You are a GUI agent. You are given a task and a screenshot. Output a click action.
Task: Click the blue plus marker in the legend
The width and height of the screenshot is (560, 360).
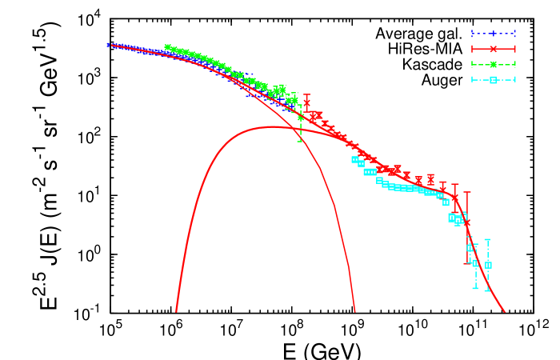[494, 34]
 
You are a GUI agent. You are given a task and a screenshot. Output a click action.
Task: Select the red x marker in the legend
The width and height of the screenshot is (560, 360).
[494, 49]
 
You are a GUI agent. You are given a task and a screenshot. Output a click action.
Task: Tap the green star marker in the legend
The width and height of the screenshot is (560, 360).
[494, 64]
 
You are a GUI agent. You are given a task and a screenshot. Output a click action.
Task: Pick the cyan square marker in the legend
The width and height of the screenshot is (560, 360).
[494, 79]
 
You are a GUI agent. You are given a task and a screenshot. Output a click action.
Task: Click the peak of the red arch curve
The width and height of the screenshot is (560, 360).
[270, 126]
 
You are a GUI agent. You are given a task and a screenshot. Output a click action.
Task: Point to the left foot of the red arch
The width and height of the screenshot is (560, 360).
[176, 310]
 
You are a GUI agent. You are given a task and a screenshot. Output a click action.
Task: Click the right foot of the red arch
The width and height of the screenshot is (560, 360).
[354, 310]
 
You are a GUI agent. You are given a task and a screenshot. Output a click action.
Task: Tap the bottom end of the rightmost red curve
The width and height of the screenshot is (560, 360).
[505, 311]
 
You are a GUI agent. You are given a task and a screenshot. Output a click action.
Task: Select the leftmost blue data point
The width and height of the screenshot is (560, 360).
[109, 45]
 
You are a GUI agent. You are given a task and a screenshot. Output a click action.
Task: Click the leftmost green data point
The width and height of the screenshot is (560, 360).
[166, 47]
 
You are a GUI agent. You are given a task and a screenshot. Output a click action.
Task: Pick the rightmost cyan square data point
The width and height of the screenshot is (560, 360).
[488, 265]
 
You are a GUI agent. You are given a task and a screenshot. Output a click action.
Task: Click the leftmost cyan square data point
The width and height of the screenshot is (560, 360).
[354, 159]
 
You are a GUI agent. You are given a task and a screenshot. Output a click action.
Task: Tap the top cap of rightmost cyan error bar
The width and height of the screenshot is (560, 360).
[487, 239]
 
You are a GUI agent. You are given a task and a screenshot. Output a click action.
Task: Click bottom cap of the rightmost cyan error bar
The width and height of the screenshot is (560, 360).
[487, 290]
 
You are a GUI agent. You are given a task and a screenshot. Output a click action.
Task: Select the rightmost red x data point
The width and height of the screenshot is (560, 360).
[467, 223]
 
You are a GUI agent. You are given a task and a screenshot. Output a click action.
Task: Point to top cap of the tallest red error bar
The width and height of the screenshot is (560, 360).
[467, 192]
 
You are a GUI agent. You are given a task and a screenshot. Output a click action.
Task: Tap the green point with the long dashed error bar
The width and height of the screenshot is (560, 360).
[300, 118]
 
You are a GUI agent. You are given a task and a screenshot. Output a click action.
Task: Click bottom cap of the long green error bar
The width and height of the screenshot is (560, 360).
[300, 142]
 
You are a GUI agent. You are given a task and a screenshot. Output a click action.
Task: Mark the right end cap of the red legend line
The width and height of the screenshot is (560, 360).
[515, 49]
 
